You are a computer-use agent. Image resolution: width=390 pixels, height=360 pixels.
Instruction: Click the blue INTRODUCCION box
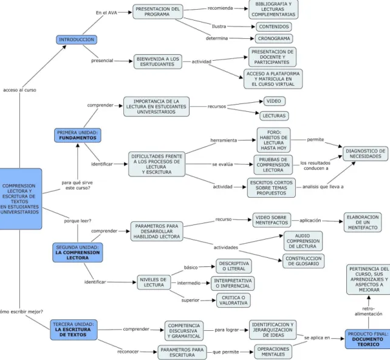point(77,40)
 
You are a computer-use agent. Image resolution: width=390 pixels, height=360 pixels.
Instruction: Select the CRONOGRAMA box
point(274,38)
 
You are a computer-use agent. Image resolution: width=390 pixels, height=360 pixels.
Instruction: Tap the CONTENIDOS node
point(274,27)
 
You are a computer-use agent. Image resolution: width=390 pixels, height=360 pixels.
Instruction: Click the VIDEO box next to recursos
point(274,101)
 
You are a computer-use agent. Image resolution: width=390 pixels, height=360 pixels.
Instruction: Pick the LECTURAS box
point(274,116)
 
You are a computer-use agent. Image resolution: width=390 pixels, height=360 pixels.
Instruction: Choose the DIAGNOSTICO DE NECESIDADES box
point(365,154)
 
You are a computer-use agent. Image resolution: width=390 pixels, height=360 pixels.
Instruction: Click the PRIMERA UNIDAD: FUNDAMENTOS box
point(78,136)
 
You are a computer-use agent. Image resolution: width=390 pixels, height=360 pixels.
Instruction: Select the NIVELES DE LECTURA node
point(154,282)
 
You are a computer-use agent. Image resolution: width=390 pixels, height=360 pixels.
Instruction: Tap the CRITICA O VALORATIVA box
point(233,300)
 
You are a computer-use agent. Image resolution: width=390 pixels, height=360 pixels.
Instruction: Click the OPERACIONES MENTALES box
point(273,351)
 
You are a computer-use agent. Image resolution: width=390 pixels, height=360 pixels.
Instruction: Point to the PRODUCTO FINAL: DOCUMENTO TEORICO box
point(368,339)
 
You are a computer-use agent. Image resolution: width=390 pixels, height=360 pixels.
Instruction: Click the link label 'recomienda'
point(220,9)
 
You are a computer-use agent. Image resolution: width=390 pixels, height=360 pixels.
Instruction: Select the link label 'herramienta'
point(224,140)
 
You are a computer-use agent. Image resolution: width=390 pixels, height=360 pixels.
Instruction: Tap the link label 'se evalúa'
point(222,164)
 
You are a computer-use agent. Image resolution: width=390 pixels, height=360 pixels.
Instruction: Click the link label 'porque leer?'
point(78,221)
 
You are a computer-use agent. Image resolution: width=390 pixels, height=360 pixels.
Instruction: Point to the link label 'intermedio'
point(189,283)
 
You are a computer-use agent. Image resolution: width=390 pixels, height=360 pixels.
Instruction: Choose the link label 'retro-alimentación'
point(368,311)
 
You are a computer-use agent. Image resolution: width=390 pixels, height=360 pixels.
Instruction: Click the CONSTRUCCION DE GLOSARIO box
point(304,261)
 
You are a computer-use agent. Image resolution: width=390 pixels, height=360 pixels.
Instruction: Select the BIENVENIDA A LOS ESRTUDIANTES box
point(158,61)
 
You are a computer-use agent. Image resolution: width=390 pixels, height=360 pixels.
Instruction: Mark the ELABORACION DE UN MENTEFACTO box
point(363,223)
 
